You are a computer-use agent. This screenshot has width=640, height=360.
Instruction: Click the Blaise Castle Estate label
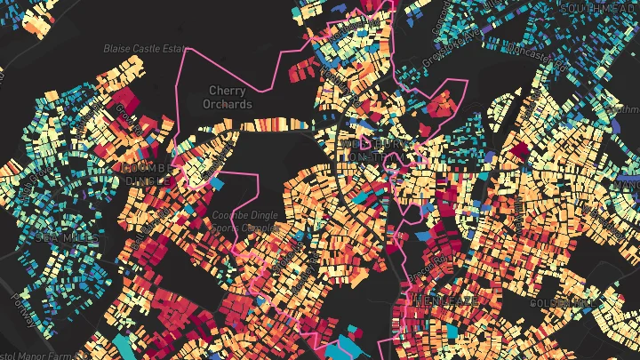144,48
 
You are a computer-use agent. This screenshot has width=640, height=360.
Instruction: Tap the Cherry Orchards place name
228,96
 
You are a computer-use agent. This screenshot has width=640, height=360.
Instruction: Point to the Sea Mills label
55,237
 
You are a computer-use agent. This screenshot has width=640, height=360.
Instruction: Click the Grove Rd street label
120,115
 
